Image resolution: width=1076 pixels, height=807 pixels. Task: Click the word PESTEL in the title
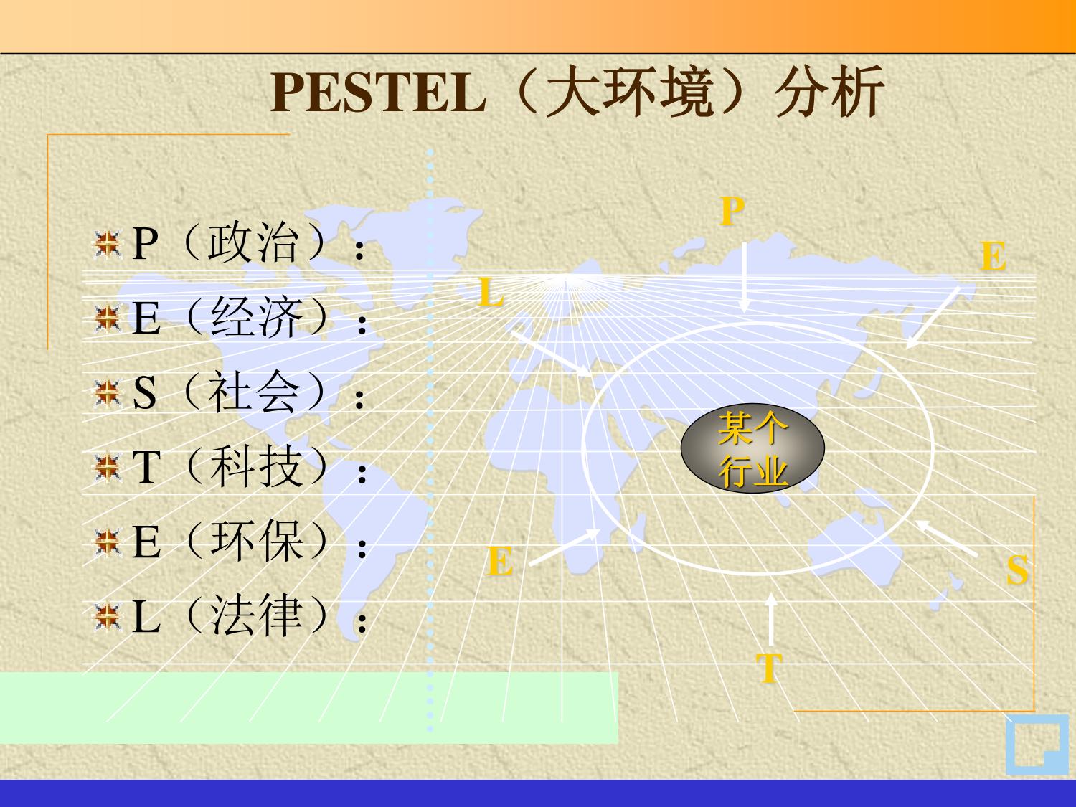378,93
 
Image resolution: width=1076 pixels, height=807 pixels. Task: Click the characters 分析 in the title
829,93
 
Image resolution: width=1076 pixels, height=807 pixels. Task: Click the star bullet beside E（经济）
107,318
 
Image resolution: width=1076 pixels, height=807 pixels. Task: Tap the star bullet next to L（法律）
107,617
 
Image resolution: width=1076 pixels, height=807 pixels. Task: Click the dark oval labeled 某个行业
752,448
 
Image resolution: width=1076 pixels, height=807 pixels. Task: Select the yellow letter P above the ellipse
732,211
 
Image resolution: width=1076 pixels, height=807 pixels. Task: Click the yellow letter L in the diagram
491,292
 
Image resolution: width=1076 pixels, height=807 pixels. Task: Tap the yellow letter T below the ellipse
769,667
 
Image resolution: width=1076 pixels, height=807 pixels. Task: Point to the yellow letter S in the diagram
1016,570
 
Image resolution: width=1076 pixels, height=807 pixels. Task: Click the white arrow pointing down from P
745,278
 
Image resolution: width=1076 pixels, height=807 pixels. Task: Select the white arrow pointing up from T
771,619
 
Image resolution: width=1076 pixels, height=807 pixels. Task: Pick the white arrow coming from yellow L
551,354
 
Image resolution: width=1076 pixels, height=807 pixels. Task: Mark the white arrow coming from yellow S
945,537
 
